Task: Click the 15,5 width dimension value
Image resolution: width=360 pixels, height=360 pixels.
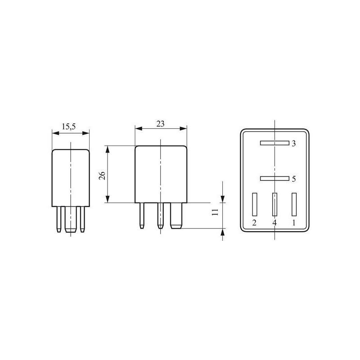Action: (x=68, y=127)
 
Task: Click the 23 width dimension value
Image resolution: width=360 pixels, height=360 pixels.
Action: (x=160, y=123)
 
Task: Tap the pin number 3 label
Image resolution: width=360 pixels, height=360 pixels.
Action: (x=293, y=144)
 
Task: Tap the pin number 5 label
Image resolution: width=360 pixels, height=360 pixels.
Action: (x=293, y=179)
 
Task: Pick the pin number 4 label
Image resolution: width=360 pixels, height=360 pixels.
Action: (x=274, y=223)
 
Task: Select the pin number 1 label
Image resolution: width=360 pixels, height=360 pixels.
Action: (x=294, y=223)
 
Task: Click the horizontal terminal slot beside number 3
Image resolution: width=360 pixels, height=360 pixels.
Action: (x=274, y=144)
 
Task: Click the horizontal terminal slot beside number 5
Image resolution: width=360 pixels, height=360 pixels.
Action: (x=274, y=178)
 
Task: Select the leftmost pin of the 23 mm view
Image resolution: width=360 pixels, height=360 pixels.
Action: (x=142, y=215)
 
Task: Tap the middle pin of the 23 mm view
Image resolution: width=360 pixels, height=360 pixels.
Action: (x=159, y=215)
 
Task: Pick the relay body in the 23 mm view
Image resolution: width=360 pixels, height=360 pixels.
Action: (x=161, y=174)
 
